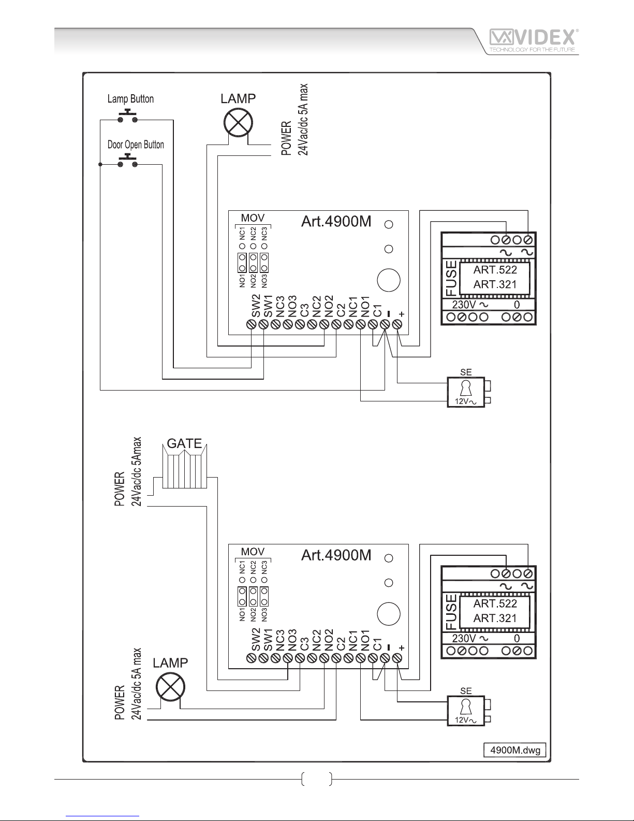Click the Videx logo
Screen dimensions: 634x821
(534, 41)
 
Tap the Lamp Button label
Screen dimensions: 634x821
(130, 99)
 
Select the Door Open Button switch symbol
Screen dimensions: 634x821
(127, 161)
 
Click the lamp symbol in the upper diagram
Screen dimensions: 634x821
(238, 123)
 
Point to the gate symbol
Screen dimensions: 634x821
(185, 466)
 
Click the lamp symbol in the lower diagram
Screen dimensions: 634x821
(171, 687)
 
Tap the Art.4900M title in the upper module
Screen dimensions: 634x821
(336, 221)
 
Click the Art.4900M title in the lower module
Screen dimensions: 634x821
(336, 555)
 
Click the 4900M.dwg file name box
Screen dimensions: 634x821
(515, 750)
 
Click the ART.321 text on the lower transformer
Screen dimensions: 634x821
(495, 618)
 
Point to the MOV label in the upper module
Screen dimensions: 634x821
(253, 218)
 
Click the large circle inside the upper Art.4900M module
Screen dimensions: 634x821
(389, 280)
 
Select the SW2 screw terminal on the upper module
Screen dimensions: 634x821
(252, 324)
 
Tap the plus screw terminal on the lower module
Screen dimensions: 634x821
(397, 658)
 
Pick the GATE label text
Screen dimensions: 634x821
(185, 443)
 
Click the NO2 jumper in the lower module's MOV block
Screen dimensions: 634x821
(253, 597)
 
